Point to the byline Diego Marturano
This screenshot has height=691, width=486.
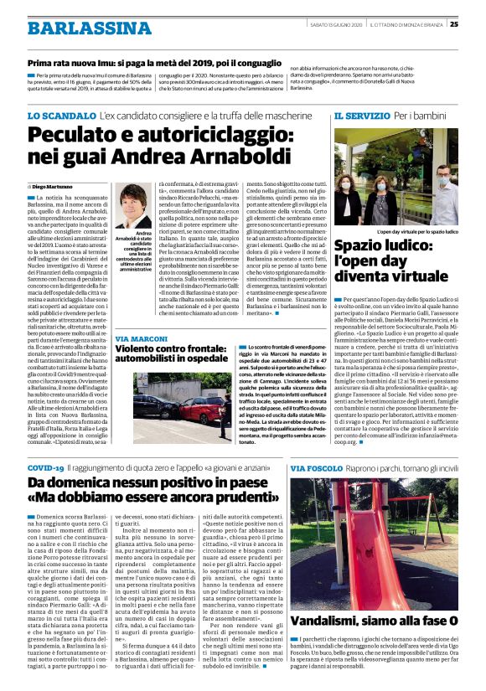(x=52, y=186)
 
